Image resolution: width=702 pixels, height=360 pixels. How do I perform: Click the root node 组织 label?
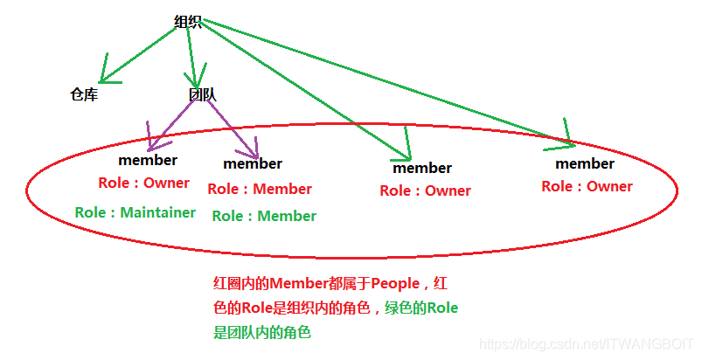pyautogui.click(x=188, y=23)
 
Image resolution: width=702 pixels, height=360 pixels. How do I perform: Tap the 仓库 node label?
pyautogui.click(x=84, y=94)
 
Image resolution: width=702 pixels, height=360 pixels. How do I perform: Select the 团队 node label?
pyautogui.click(x=202, y=94)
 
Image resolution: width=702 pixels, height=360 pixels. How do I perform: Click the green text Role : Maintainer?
pyautogui.click(x=136, y=212)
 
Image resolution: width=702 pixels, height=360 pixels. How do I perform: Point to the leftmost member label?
pyautogui.click(x=148, y=160)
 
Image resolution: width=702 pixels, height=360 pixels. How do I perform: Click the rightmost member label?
pyautogui.click(x=585, y=163)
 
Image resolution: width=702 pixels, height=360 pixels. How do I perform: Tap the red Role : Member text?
pyautogui.click(x=260, y=189)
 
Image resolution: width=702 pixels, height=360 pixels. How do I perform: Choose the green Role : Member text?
pyautogui.click(x=264, y=216)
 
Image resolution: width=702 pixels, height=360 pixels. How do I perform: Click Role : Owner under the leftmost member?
pyautogui.click(x=144, y=183)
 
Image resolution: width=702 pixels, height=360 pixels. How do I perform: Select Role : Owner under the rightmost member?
pyautogui.click(x=587, y=186)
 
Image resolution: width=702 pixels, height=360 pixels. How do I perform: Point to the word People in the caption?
pyautogui.click(x=396, y=283)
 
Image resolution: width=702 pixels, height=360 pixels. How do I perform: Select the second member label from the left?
pyautogui.click(x=253, y=163)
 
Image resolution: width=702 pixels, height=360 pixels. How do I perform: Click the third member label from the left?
pyautogui.click(x=422, y=168)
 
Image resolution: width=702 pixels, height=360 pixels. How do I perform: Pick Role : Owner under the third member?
pyautogui.click(x=425, y=190)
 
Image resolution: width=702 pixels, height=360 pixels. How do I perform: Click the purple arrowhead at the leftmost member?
pyautogui.click(x=154, y=140)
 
